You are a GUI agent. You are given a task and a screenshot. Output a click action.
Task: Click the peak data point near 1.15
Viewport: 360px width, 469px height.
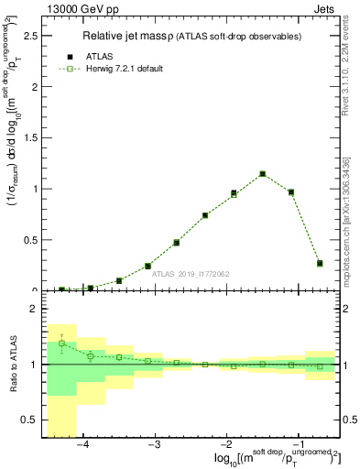pos(262,173)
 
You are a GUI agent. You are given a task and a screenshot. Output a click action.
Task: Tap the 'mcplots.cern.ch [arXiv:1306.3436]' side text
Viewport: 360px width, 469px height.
pos(352,220)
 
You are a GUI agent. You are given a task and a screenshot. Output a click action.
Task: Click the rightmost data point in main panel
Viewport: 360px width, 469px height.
pos(320,263)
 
